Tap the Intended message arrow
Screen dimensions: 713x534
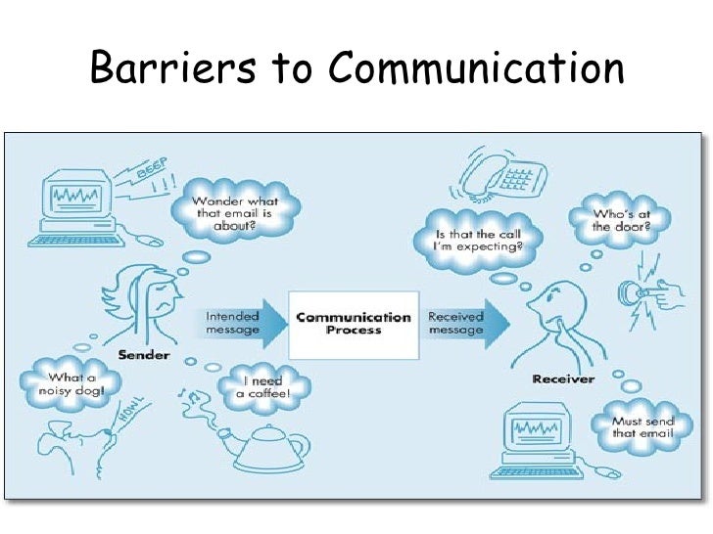245,324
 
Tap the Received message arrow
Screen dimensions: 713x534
466,324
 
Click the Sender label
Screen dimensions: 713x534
144,354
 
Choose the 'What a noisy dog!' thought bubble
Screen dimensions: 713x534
69,384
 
